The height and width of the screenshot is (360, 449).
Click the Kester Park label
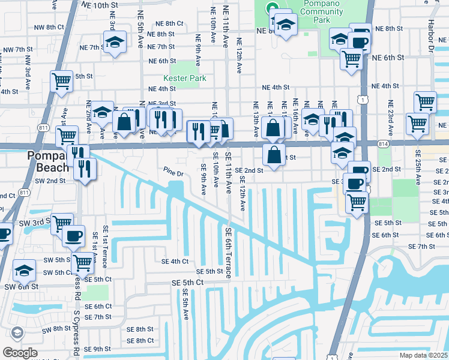tap(185, 79)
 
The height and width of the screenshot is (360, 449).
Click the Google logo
tap(19, 353)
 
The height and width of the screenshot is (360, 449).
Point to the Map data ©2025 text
tap(424, 355)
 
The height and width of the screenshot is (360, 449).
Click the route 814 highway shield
tap(384, 144)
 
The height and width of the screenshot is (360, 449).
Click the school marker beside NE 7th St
tap(113, 43)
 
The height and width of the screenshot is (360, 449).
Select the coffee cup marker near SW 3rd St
tap(74, 236)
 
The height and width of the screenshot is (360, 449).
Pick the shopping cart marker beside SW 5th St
tap(82, 262)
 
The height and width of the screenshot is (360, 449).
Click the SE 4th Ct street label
tap(175, 261)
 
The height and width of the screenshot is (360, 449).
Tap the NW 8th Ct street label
tap(49, 27)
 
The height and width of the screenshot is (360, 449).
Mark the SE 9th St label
tap(102, 349)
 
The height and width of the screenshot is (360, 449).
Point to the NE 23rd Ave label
tap(391, 117)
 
